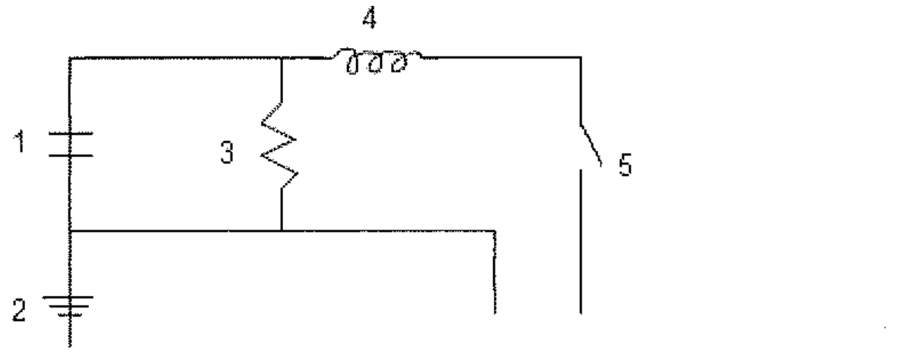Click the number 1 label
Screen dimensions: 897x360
point(21,143)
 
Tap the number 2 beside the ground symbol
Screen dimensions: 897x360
point(20,311)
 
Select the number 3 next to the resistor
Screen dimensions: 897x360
point(227,154)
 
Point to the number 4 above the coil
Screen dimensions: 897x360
point(370,19)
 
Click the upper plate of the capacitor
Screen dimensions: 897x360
point(70,134)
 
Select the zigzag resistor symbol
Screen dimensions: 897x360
point(280,146)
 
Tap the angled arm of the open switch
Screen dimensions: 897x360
point(591,146)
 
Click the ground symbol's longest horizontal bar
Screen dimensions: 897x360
point(70,297)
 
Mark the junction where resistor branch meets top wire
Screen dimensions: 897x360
point(282,58)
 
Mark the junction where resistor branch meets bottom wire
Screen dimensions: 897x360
point(282,231)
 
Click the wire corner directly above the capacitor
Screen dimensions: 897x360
point(70,58)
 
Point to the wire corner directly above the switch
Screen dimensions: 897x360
point(581,58)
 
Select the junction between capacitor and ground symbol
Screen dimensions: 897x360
point(70,231)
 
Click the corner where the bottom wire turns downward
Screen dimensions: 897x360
point(495,231)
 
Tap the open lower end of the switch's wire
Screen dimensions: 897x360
point(581,313)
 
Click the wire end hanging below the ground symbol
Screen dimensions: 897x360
point(70,346)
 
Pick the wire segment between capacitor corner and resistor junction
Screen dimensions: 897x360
point(176,58)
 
